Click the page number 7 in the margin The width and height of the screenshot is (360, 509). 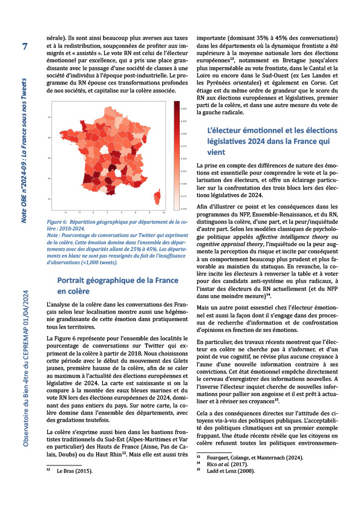coord(25,47)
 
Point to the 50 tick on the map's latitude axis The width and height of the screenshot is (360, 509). coord(48,117)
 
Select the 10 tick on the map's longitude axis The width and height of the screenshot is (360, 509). coord(163,213)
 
